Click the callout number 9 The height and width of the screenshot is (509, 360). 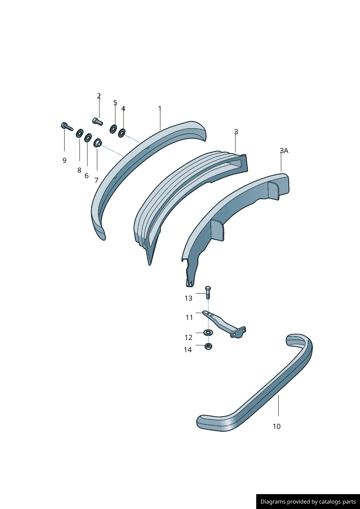pos(64,160)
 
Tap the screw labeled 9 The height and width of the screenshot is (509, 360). pos(67,127)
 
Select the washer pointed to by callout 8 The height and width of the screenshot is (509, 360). pos(79,133)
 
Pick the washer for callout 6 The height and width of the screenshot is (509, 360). pos(88,137)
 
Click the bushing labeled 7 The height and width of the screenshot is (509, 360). pos(98,143)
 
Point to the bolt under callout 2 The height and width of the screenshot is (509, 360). pos(98,121)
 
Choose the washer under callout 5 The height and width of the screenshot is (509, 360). pos(113,129)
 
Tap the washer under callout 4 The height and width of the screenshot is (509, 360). pos(122,133)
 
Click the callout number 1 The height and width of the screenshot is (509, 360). pos(160,108)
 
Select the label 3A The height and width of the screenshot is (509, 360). pos(284,151)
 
